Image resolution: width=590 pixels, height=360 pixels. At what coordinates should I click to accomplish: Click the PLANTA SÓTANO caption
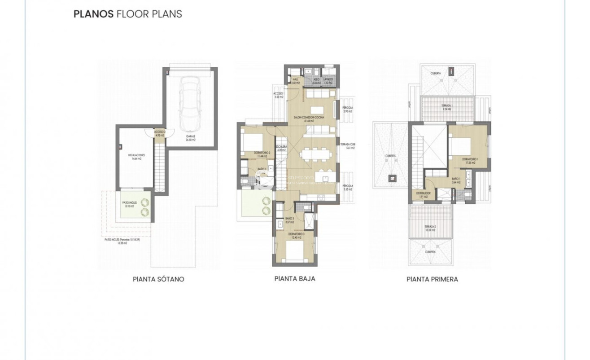[x=158, y=279]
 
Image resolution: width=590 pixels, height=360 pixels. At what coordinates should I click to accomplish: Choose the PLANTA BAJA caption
[x=294, y=278]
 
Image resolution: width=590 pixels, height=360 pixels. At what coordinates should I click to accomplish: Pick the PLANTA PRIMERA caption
[x=432, y=279]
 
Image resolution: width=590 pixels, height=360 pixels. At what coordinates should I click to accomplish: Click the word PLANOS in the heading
[x=93, y=14]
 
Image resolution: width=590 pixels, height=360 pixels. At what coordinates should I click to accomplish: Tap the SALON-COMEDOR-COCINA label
[x=309, y=118]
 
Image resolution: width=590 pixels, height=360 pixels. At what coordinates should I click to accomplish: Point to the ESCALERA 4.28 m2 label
[x=281, y=148]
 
